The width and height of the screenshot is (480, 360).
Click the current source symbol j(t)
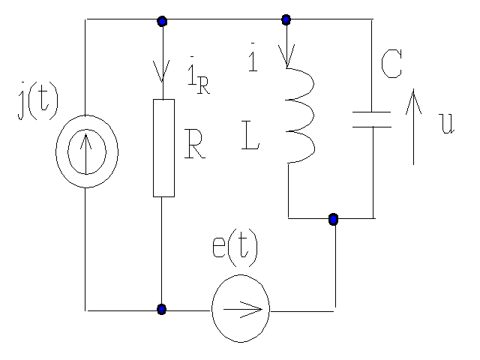tap(86, 151)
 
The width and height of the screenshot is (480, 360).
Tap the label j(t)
tap(37, 105)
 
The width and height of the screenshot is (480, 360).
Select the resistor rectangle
tap(163, 148)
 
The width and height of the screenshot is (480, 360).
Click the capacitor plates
tap(372, 119)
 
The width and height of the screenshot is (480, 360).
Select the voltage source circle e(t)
tap(240, 309)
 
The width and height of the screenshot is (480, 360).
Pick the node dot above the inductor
tap(286, 19)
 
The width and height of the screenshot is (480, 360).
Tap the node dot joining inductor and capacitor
tap(334, 219)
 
